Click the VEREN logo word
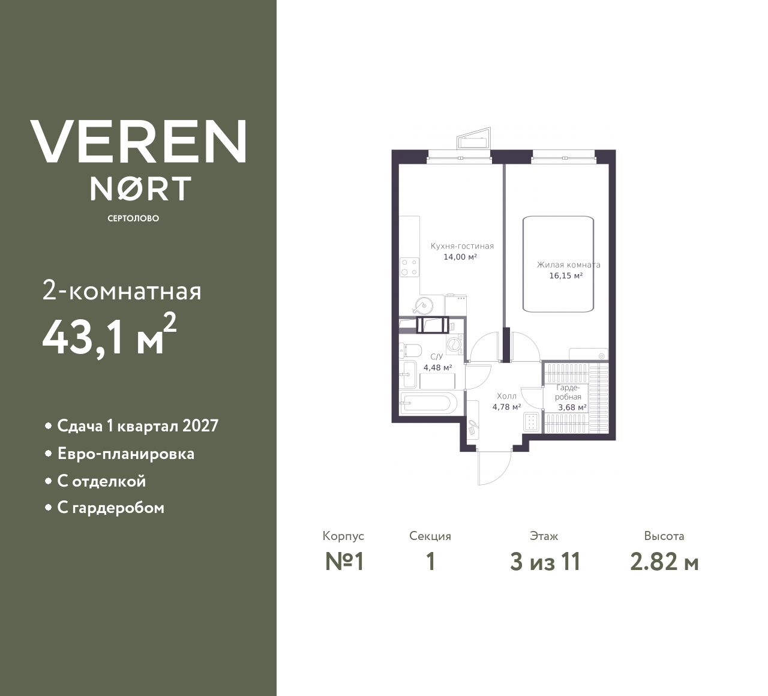(x=139, y=142)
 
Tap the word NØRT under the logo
(x=140, y=188)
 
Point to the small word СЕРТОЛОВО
(x=133, y=218)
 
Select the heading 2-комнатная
(x=122, y=292)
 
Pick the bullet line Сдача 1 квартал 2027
(x=137, y=426)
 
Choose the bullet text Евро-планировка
(x=125, y=454)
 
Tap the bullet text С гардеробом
(x=110, y=508)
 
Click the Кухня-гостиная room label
(x=462, y=246)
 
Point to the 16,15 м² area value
(x=566, y=276)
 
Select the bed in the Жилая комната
(x=558, y=264)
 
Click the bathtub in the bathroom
(x=428, y=403)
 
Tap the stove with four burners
(x=410, y=266)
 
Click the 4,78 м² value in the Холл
(x=506, y=407)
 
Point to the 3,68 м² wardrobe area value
(x=572, y=407)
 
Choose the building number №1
(x=344, y=562)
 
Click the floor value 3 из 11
(x=545, y=562)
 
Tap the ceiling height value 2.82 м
(x=664, y=562)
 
